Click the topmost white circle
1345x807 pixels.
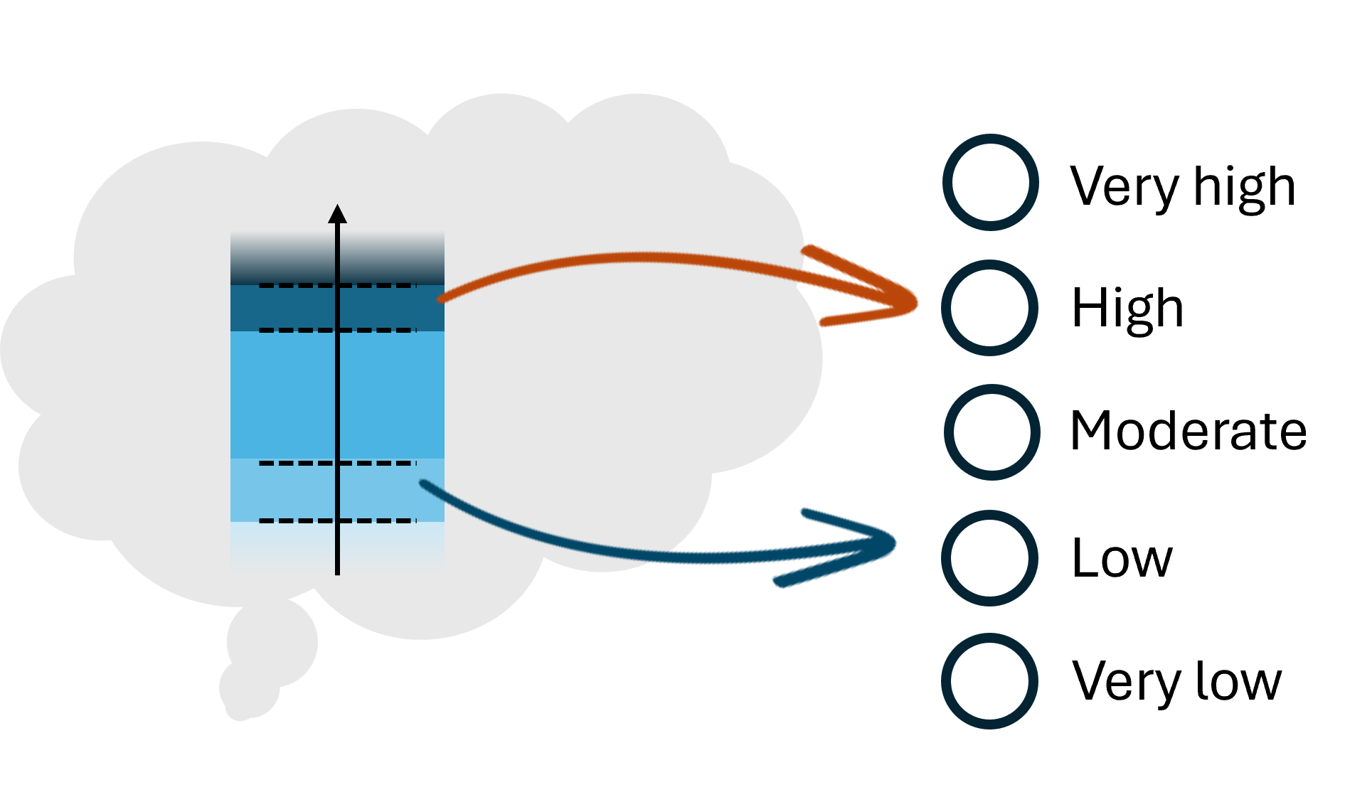pos(990,182)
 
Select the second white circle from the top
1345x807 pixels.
pos(989,308)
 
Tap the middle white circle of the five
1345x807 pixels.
pos(992,432)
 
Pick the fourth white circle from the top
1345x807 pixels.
pos(989,557)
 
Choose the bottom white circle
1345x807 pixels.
pos(989,681)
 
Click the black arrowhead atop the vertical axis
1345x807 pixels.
pos(337,213)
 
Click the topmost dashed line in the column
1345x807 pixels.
pos(299,286)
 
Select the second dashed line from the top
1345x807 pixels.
pos(299,331)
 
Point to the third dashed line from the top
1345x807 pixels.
pos(299,464)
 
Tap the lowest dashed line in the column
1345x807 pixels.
pos(299,521)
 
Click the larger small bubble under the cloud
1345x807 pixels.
pos(273,641)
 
